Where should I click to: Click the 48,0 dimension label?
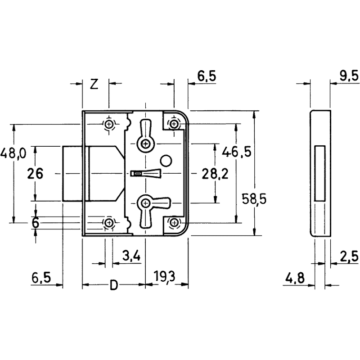coord(13,153)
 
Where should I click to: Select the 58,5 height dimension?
coord(254,199)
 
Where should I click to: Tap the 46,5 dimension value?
coord(237,152)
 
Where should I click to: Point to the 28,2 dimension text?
coord(215,174)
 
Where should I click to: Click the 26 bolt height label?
coord(35,173)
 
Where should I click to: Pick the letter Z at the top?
coord(94,84)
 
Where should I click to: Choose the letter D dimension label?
coord(114,285)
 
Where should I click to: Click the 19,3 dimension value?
coord(164,277)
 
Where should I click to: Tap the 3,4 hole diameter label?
coord(131,256)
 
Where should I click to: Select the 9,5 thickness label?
coord(349,76)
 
